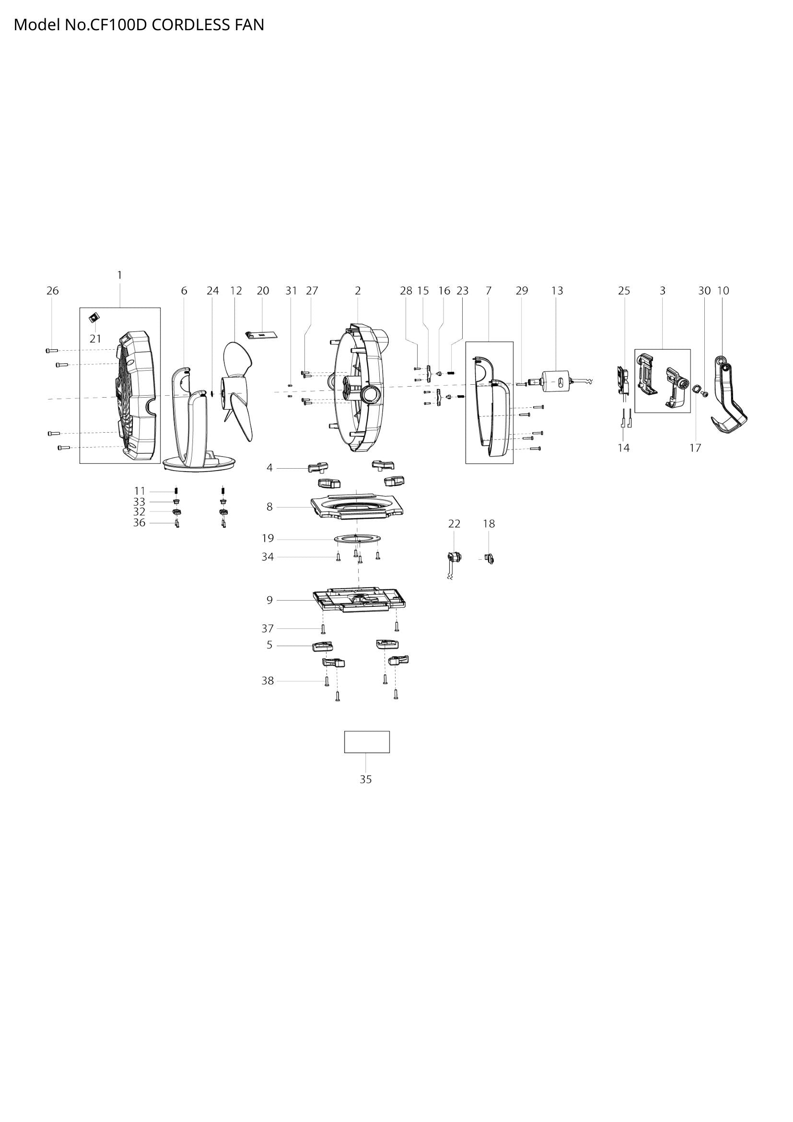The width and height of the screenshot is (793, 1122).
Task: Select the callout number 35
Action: point(366,779)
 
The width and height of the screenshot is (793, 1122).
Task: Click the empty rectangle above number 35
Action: point(367,742)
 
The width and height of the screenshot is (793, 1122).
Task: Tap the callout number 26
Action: point(52,291)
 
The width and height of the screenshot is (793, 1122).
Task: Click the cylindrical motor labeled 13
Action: point(557,381)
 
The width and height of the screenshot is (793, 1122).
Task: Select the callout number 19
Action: point(268,539)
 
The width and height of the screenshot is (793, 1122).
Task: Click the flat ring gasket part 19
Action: point(358,539)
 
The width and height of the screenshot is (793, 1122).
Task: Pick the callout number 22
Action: point(454,524)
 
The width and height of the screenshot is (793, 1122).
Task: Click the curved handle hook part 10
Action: point(730,398)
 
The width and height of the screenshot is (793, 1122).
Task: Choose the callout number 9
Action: point(269,600)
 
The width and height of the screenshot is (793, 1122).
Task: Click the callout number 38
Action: point(268,681)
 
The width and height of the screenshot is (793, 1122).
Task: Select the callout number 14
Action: point(624,448)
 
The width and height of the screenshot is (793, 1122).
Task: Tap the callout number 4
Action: point(269,468)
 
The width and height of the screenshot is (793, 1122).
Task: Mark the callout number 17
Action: point(695,448)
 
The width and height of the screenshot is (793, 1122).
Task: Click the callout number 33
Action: point(139,502)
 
